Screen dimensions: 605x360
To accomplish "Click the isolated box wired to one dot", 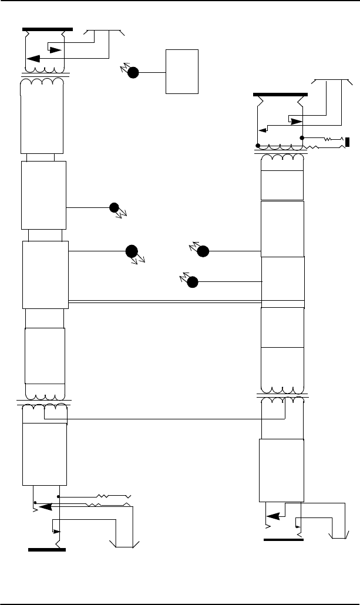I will point(182,71).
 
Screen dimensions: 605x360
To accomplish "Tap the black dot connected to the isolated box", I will point(133,73).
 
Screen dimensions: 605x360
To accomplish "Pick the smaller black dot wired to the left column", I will point(114,207).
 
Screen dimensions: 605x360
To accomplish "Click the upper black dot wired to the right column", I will point(203,251).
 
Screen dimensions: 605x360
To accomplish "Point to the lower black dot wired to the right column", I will point(192,283).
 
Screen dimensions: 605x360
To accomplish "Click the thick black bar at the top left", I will point(48,29).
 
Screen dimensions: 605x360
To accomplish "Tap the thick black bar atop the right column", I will point(280,94).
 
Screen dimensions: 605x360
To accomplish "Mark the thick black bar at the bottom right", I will point(284,539).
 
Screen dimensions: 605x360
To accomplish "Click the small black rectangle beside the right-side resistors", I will point(348,142).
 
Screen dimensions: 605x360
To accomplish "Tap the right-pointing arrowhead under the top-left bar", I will point(54,49).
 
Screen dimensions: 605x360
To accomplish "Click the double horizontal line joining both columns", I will point(164,302).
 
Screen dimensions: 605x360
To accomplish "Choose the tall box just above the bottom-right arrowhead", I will point(281,470).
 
